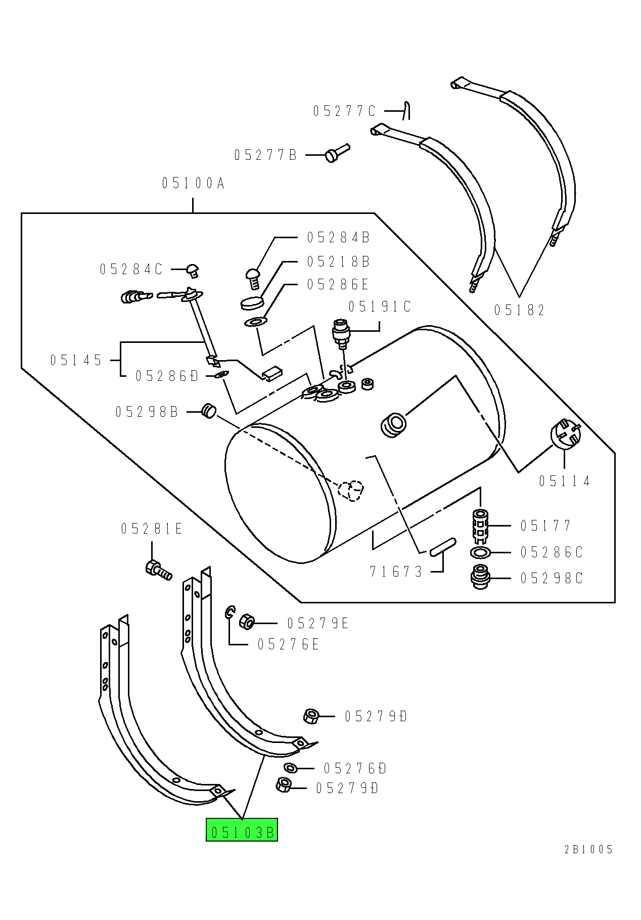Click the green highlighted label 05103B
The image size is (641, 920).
pos(242,831)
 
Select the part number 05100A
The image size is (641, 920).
pos(193,183)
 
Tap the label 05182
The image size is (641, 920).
pos(519,310)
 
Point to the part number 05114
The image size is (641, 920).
pos(564,481)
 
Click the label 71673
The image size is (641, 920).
pos(396,572)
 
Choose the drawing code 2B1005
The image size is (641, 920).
pos(588,849)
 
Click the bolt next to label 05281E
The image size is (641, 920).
pos(158,570)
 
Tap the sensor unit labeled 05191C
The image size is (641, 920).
pos(340,332)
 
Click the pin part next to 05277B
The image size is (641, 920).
pos(337,152)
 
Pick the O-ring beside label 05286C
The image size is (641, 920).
pos(480,552)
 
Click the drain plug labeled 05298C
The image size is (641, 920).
pos(480,577)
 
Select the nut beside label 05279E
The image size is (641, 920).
pos(246,621)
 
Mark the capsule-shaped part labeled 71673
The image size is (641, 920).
pos(443,547)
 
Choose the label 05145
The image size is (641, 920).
pos(76,361)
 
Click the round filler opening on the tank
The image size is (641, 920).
pos(393,425)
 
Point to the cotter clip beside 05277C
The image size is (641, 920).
pos(406,111)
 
